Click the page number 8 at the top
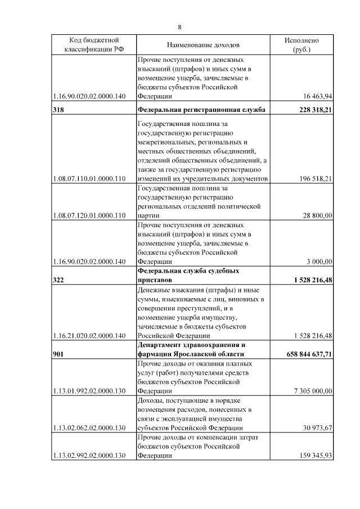tap(179, 27)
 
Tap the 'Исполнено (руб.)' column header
tap(301, 45)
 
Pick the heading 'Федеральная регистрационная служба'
tap(201, 110)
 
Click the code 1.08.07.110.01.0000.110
tap(88, 179)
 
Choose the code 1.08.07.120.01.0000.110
tap(88, 215)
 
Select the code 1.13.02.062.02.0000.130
tap(88, 428)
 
